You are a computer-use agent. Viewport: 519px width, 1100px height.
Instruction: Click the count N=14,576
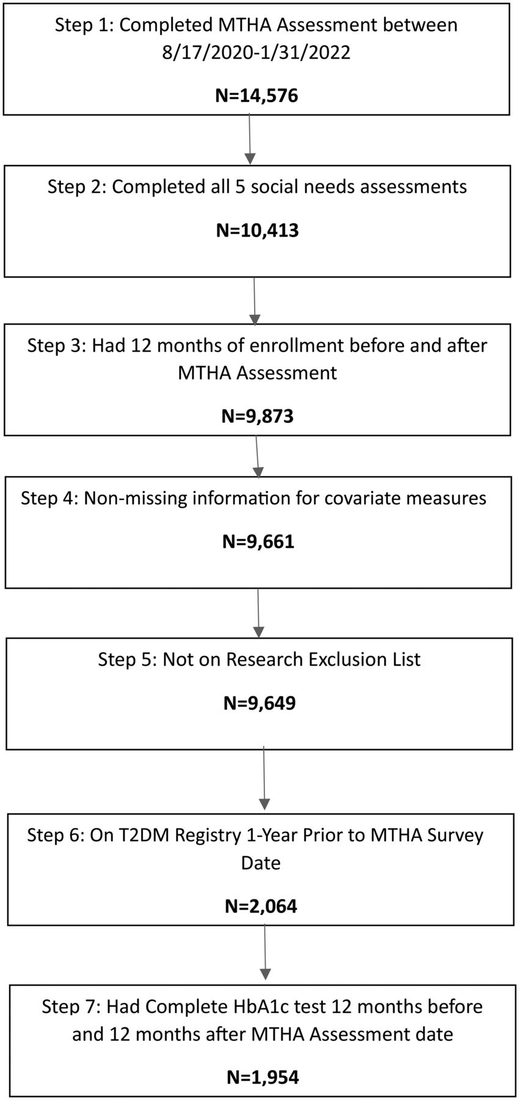point(256,95)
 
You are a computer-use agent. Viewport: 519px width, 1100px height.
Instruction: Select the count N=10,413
point(258,230)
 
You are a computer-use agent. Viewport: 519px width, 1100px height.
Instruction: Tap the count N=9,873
point(257,416)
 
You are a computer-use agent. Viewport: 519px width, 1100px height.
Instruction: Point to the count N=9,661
point(258,541)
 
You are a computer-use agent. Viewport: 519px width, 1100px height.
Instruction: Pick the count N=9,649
point(259,703)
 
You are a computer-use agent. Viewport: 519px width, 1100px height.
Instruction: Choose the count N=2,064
point(261,906)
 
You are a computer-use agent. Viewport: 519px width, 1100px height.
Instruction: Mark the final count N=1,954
point(263,1072)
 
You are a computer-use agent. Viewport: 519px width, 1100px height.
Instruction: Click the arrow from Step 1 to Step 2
point(250,139)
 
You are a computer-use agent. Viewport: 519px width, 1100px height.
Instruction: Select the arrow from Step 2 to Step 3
point(254,301)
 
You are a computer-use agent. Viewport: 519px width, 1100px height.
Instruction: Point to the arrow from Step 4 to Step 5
point(258,613)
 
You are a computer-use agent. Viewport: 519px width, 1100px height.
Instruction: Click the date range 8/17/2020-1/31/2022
point(256,53)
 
